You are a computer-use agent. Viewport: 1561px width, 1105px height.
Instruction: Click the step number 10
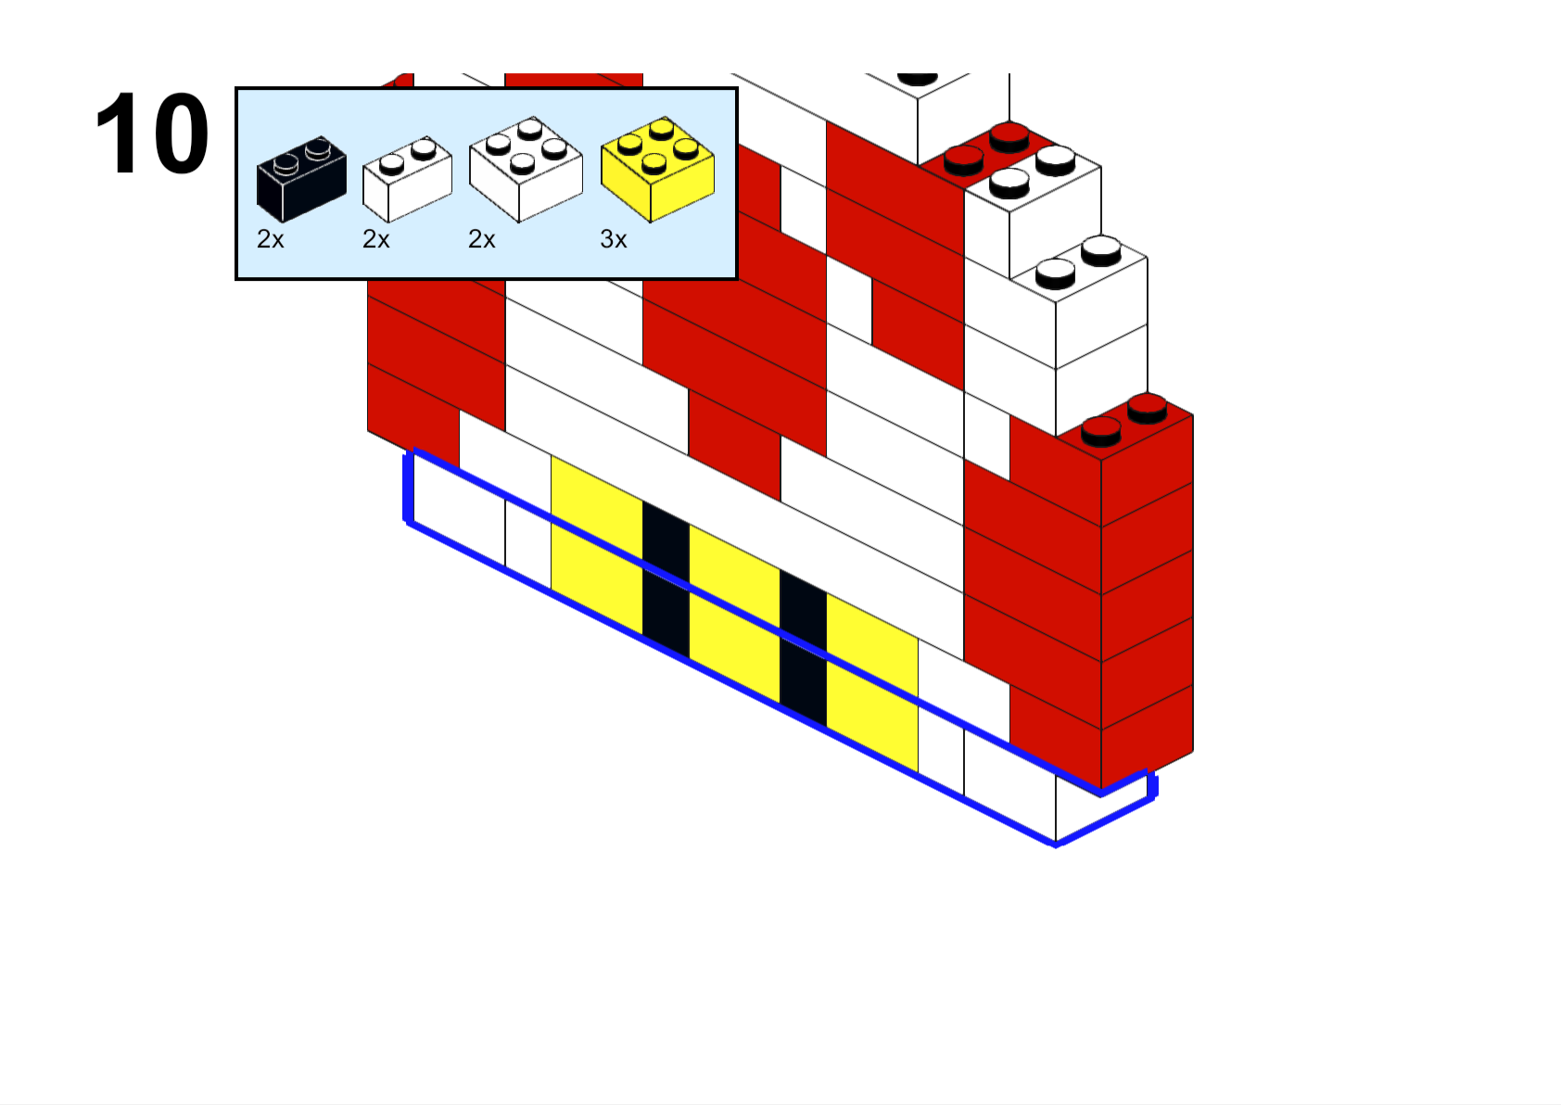152,133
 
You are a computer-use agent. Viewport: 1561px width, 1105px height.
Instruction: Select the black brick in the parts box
302,179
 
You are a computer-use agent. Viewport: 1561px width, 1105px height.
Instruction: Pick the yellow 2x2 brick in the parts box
658,170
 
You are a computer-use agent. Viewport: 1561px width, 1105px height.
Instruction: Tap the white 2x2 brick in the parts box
527,170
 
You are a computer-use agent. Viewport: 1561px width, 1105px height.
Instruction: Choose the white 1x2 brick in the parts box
408,179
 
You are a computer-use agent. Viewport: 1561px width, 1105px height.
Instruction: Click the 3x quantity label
614,240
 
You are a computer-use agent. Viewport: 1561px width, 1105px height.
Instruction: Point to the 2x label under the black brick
271,240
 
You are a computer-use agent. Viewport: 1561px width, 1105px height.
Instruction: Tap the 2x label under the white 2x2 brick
481,240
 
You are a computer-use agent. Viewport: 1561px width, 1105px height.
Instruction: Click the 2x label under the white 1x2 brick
375,240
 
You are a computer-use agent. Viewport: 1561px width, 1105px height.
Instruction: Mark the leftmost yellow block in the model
597,545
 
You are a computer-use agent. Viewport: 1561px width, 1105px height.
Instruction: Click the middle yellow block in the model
734,614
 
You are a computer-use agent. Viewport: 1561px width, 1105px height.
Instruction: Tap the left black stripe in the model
666,579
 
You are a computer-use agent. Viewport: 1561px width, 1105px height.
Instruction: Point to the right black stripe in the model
803,648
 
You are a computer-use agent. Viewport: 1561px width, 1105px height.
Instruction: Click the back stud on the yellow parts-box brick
661,130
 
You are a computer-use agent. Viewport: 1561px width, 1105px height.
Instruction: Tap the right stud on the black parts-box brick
319,148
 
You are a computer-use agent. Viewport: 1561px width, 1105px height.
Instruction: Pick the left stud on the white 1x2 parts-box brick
392,164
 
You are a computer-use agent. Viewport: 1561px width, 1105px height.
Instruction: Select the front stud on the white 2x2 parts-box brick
522,164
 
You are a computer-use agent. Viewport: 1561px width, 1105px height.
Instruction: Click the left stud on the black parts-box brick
286,164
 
